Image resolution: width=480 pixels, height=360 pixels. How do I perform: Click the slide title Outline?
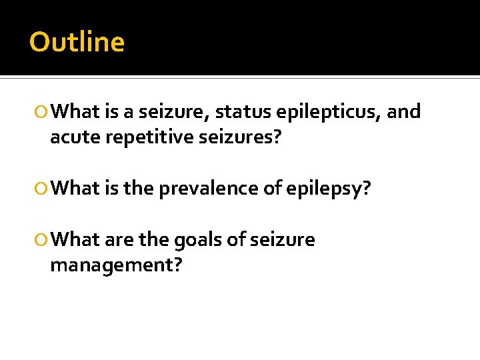click(x=77, y=42)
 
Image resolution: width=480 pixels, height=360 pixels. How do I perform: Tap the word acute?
click(x=71, y=137)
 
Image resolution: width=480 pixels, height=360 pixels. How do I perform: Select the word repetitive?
click(x=138, y=137)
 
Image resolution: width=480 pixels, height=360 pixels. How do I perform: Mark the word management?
click(x=111, y=265)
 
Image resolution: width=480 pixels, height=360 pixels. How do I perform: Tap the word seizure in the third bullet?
click(x=281, y=239)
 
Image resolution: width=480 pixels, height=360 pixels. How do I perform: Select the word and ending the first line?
click(x=404, y=111)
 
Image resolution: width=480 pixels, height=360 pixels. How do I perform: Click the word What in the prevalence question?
click(x=75, y=189)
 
